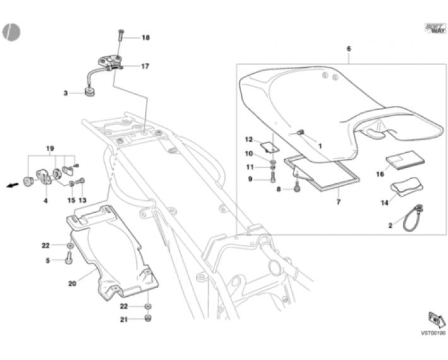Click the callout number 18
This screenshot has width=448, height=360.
145,38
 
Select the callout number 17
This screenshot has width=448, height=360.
145,66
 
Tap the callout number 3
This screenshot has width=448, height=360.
65,93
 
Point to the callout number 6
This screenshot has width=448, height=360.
349,49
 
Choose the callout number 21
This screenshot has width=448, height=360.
124,320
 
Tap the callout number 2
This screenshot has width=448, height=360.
390,225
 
